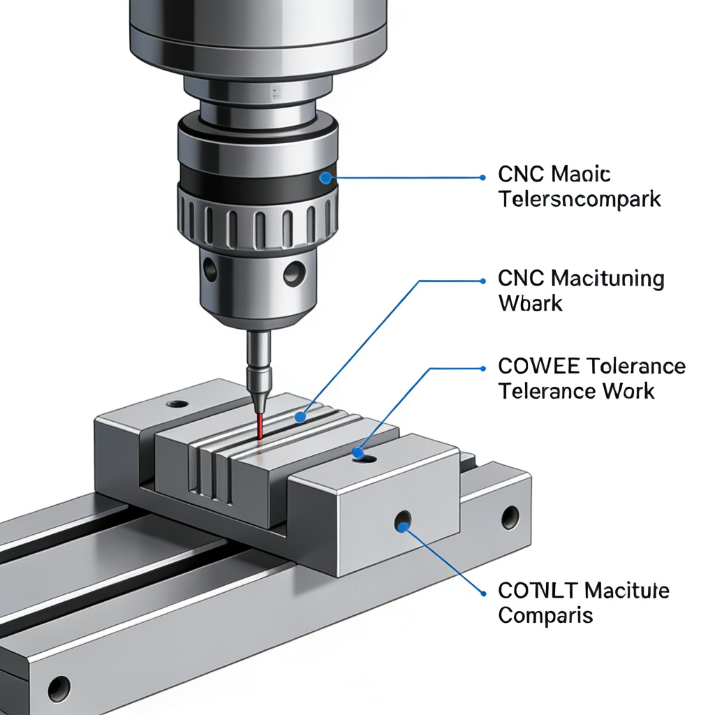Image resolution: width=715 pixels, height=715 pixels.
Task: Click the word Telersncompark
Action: (580, 200)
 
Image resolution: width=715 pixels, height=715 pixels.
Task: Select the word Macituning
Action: (607, 279)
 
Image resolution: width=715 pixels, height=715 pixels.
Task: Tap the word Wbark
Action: (530, 304)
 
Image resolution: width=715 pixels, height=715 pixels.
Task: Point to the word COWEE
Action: (538, 366)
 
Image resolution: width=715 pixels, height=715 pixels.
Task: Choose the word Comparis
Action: (545, 616)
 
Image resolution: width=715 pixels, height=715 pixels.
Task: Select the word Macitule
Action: (626, 591)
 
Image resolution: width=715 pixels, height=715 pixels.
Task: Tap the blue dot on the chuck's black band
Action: (325, 178)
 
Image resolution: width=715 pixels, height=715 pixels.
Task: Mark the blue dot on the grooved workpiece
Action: (300, 417)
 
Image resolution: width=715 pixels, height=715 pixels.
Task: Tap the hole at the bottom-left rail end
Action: (59, 686)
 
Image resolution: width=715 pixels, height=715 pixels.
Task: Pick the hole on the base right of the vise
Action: (510, 517)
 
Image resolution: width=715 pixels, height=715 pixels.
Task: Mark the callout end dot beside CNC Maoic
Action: (482, 177)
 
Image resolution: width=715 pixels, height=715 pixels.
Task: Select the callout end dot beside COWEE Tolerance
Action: (482, 368)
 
